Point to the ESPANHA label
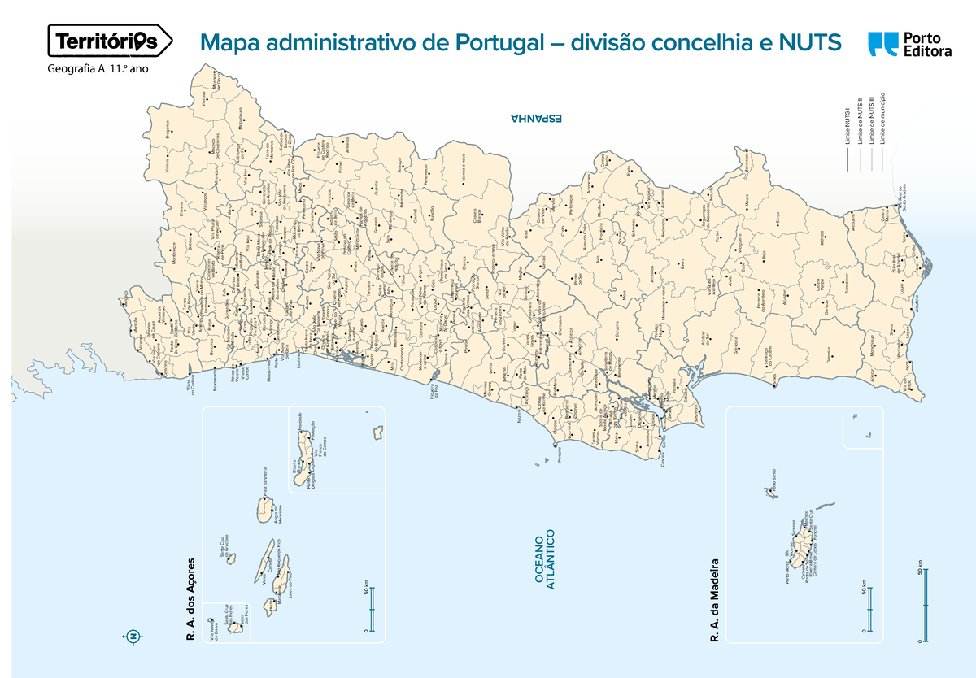pos(536,119)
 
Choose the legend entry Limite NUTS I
pos(847,126)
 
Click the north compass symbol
pos(133,635)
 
